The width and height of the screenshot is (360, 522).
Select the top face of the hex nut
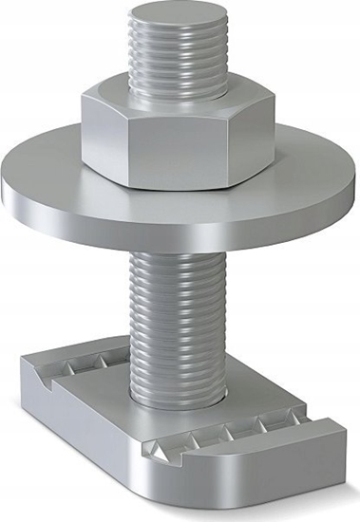click(142, 95)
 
